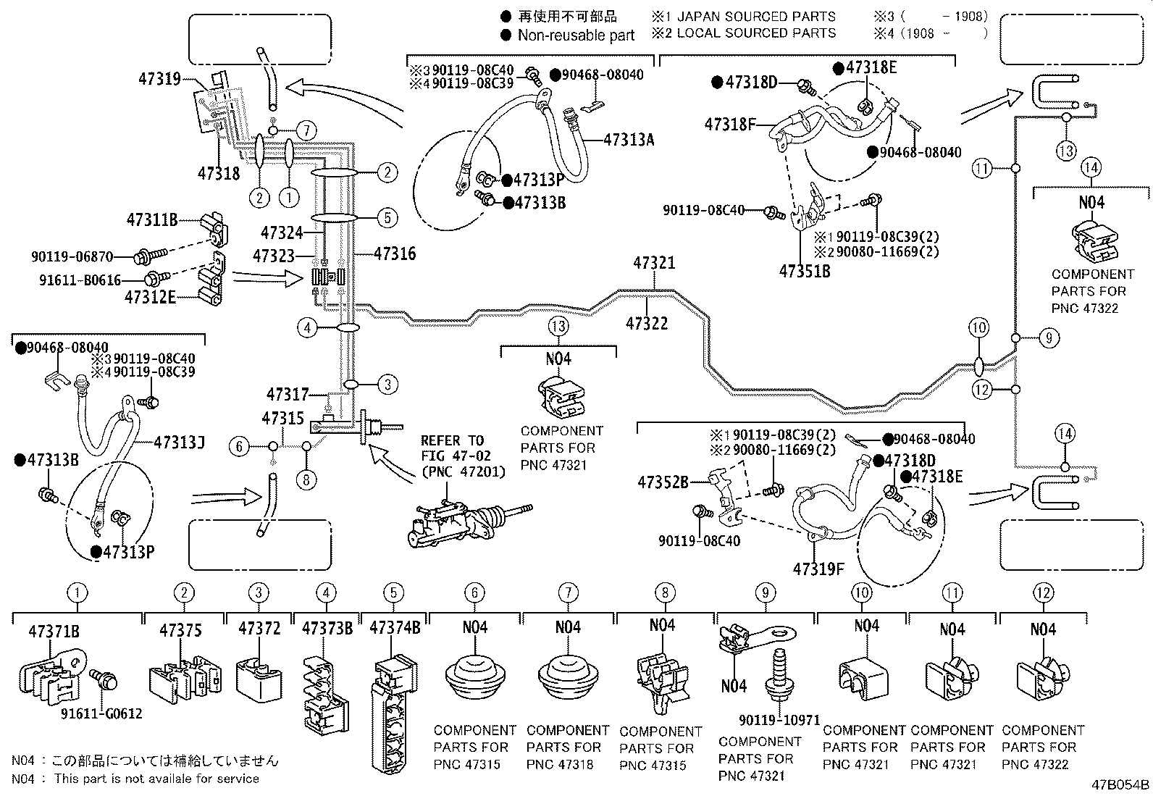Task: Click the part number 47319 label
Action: [159, 79]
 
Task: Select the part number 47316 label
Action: [395, 254]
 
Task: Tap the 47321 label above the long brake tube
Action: [654, 263]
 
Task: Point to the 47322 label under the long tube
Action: [647, 323]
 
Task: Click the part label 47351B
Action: [805, 272]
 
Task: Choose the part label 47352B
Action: [663, 482]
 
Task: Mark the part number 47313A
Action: [629, 140]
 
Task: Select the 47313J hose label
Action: [180, 443]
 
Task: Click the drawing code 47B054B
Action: [1120, 784]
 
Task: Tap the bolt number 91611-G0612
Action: [101, 713]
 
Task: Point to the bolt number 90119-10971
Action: [779, 721]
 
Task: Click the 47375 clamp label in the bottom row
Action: [180, 630]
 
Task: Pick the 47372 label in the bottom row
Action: [259, 629]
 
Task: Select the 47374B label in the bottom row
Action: [395, 628]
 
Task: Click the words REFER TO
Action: [453, 441]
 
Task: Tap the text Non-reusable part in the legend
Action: [576, 35]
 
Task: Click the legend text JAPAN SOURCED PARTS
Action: [756, 17]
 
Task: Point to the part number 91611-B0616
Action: [80, 280]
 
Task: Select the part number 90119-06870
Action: [72, 256]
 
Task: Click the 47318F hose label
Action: [730, 124]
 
